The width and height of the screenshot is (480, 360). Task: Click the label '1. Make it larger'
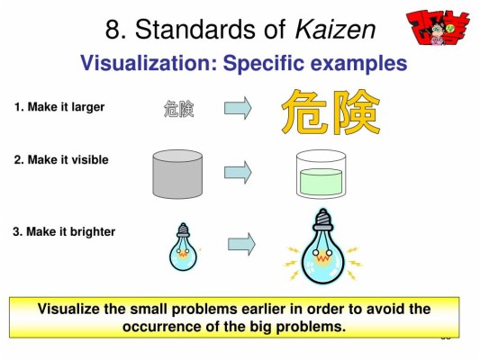pyautogui.click(x=59, y=107)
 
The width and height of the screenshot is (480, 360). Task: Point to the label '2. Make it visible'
pyautogui.click(x=61, y=159)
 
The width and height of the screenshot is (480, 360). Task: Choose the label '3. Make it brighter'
pyautogui.click(x=64, y=231)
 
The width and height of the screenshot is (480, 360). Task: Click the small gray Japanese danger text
pyautogui.click(x=178, y=110)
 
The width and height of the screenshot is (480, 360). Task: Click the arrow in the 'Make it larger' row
pyautogui.click(x=238, y=109)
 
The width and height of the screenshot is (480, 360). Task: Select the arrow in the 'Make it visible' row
pyautogui.click(x=238, y=171)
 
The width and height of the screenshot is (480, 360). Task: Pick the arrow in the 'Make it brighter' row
pyautogui.click(x=241, y=243)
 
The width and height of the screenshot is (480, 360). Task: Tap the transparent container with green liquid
pyautogui.click(x=321, y=173)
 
